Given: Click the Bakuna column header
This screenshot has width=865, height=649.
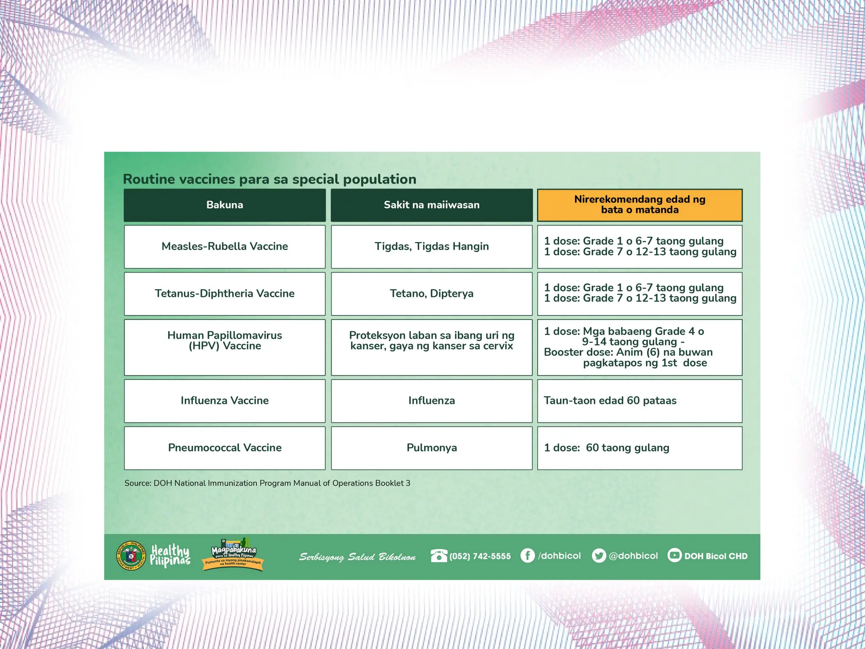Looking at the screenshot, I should (x=225, y=205).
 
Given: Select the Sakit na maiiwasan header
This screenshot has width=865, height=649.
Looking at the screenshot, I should (x=431, y=205).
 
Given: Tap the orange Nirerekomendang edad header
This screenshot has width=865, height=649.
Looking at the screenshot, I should (x=639, y=205).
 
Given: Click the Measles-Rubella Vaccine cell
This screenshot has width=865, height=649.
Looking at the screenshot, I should (x=225, y=246).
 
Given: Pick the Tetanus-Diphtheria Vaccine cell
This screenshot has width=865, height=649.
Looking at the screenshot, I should (x=225, y=294).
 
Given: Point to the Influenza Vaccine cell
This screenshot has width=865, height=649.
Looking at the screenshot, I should (x=225, y=401).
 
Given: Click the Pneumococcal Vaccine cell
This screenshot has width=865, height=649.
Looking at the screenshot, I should (x=225, y=448).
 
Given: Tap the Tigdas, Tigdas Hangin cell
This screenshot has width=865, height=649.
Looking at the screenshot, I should (x=431, y=246).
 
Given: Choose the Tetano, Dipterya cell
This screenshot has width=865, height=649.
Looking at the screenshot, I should (x=431, y=294).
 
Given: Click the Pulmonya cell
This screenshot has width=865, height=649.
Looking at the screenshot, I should (x=431, y=448).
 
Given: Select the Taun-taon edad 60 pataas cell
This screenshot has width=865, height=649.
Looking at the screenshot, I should (x=639, y=401).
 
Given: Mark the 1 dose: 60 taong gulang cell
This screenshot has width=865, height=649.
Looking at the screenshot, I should (x=639, y=448).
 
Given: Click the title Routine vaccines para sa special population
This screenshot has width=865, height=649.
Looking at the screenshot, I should (x=269, y=179).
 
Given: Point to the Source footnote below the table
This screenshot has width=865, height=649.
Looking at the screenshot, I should (x=267, y=483).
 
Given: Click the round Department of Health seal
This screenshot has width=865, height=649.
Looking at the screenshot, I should (x=131, y=556).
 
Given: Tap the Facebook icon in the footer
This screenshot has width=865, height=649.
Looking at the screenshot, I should (x=528, y=555).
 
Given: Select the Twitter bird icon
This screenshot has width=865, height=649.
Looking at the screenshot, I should (x=598, y=555).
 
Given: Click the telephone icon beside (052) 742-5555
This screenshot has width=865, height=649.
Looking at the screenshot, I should (x=438, y=555).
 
